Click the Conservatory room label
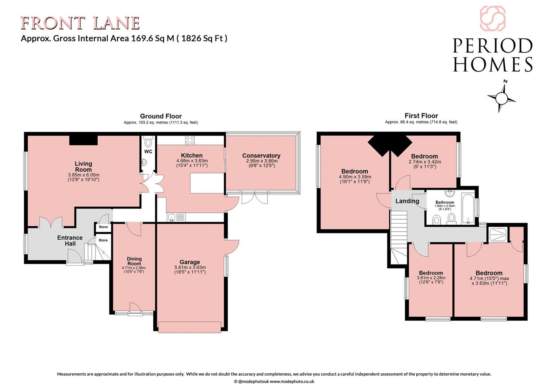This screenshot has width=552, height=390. pyautogui.click(x=261, y=156)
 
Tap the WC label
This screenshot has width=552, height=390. pyautogui.click(x=148, y=151)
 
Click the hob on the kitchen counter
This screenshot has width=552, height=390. pyautogui.click(x=190, y=140)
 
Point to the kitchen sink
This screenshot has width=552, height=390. pyautogui.click(x=172, y=218)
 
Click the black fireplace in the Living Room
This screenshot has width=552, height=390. pyautogui.click(x=83, y=140)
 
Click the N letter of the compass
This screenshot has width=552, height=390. pyautogui.click(x=505, y=81)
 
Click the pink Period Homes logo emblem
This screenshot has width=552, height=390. pyautogui.click(x=493, y=18)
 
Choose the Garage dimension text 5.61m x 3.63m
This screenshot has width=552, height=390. pyautogui.click(x=190, y=267)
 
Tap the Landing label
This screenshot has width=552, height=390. pyautogui.click(x=407, y=201)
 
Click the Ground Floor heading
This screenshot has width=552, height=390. pyautogui.click(x=161, y=116)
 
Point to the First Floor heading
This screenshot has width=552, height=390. pyautogui.click(x=421, y=116)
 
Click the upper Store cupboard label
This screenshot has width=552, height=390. pyautogui.click(x=103, y=227)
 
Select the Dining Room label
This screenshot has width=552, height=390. pyautogui.click(x=134, y=261)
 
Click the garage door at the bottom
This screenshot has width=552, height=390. pyautogui.click(x=190, y=327)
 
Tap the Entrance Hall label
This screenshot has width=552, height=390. pyautogui.click(x=70, y=241)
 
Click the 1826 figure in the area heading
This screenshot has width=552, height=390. pyautogui.click(x=191, y=38)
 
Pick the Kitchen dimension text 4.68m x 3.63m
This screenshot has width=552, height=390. pyautogui.click(x=192, y=161)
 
